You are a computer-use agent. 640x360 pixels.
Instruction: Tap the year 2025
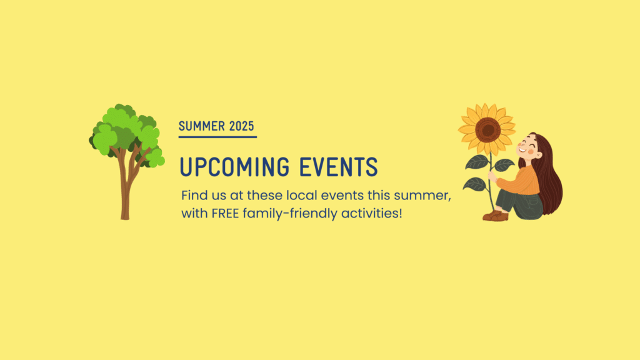242,126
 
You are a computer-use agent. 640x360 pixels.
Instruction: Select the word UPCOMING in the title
235,166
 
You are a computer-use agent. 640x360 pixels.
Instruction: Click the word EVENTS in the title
339,166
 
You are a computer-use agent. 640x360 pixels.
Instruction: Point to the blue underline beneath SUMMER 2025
217,137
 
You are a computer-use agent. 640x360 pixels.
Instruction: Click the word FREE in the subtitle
225,213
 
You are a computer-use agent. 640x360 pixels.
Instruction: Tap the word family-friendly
290,213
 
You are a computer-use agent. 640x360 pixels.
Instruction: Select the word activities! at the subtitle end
372,212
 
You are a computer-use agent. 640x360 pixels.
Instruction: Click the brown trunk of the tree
125,192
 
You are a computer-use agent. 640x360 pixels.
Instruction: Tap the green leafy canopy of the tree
126,130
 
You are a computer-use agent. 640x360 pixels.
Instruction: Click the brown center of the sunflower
487,130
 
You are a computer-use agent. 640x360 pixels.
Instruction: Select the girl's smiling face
528,147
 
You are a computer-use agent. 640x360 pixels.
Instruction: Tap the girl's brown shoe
496,216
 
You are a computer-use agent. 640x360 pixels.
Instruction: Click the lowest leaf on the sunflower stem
475,184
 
